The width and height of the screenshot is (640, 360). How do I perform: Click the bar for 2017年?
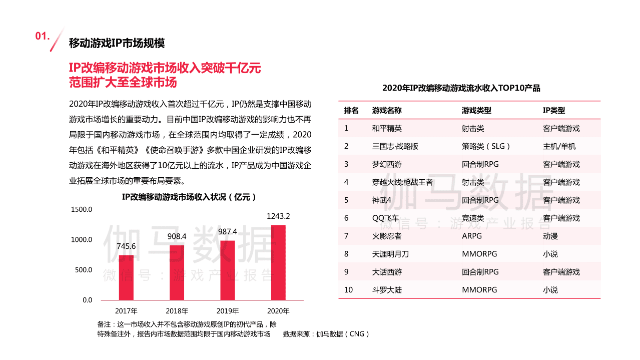click(126, 277)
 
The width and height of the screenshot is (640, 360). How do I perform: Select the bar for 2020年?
click(278, 262)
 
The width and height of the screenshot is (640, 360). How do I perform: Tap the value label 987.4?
click(228, 232)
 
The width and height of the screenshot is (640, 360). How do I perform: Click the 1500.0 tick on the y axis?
click(81, 209)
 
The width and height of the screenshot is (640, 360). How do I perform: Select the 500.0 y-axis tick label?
click(83, 270)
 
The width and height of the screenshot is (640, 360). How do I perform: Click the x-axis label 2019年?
click(227, 311)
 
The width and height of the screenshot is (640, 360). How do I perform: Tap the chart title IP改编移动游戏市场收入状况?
click(189, 197)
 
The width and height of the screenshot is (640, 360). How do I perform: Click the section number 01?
click(44, 37)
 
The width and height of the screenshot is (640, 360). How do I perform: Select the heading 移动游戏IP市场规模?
click(117, 43)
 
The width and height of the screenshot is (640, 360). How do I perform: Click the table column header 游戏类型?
click(476, 110)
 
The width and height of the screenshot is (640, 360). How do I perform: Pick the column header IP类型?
click(553, 110)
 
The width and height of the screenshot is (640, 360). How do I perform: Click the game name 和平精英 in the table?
click(387, 128)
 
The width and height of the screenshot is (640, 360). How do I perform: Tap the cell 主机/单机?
click(559, 146)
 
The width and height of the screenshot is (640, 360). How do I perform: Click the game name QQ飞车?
click(385, 218)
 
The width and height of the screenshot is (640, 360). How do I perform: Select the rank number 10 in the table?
click(348, 289)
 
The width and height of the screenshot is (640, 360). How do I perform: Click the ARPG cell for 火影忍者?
click(472, 236)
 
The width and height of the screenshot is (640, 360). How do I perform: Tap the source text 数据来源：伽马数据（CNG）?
click(326, 334)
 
